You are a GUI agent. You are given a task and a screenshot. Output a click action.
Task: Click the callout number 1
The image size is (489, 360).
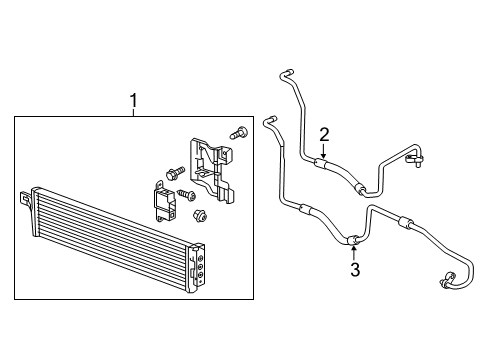tap(133, 100)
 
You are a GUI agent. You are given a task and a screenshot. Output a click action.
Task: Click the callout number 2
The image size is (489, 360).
tap(324, 134)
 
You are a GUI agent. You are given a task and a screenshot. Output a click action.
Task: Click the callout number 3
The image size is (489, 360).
tap(354, 269)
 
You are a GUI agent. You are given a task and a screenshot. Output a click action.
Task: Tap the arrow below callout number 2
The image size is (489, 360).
tap(323, 151)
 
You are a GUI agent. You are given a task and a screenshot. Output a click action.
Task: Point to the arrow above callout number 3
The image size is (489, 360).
tap(354, 250)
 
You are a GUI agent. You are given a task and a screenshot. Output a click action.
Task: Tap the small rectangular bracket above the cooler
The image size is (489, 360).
tap(164, 201)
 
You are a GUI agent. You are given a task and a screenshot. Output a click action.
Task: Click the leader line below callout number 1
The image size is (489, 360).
tap(133, 112)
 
